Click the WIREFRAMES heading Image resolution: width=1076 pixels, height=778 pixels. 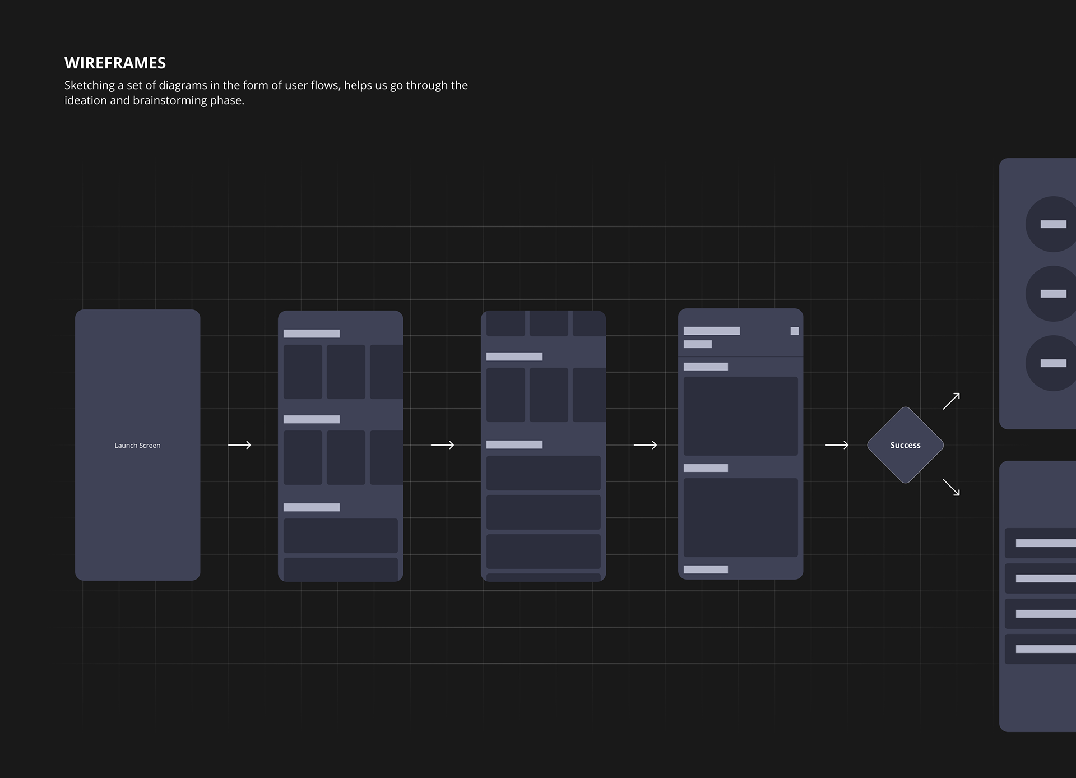115,63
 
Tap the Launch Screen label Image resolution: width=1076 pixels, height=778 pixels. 137,446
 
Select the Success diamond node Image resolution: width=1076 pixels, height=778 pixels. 905,445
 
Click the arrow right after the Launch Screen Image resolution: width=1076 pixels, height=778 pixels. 239,445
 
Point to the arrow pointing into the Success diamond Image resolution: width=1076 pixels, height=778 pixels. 837,445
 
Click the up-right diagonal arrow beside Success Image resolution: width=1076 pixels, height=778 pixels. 951,401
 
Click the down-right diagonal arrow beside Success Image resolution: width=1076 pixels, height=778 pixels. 951,487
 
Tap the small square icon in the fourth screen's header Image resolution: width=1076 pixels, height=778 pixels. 794,331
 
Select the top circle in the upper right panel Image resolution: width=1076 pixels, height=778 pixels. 1052,224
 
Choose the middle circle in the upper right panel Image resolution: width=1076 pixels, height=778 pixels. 1052,294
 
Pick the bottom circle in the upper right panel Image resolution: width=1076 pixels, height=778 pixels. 1052,363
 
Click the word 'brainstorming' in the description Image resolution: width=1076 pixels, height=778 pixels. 170,100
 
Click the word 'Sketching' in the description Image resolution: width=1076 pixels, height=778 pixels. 90,85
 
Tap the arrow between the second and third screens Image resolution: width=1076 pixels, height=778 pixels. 442,445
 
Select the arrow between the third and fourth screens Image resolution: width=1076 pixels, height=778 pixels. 645,445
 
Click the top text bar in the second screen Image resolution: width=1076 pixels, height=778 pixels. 312,334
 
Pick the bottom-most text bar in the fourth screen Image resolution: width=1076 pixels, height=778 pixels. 706,569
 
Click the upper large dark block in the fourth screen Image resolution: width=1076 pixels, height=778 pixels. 740,416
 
